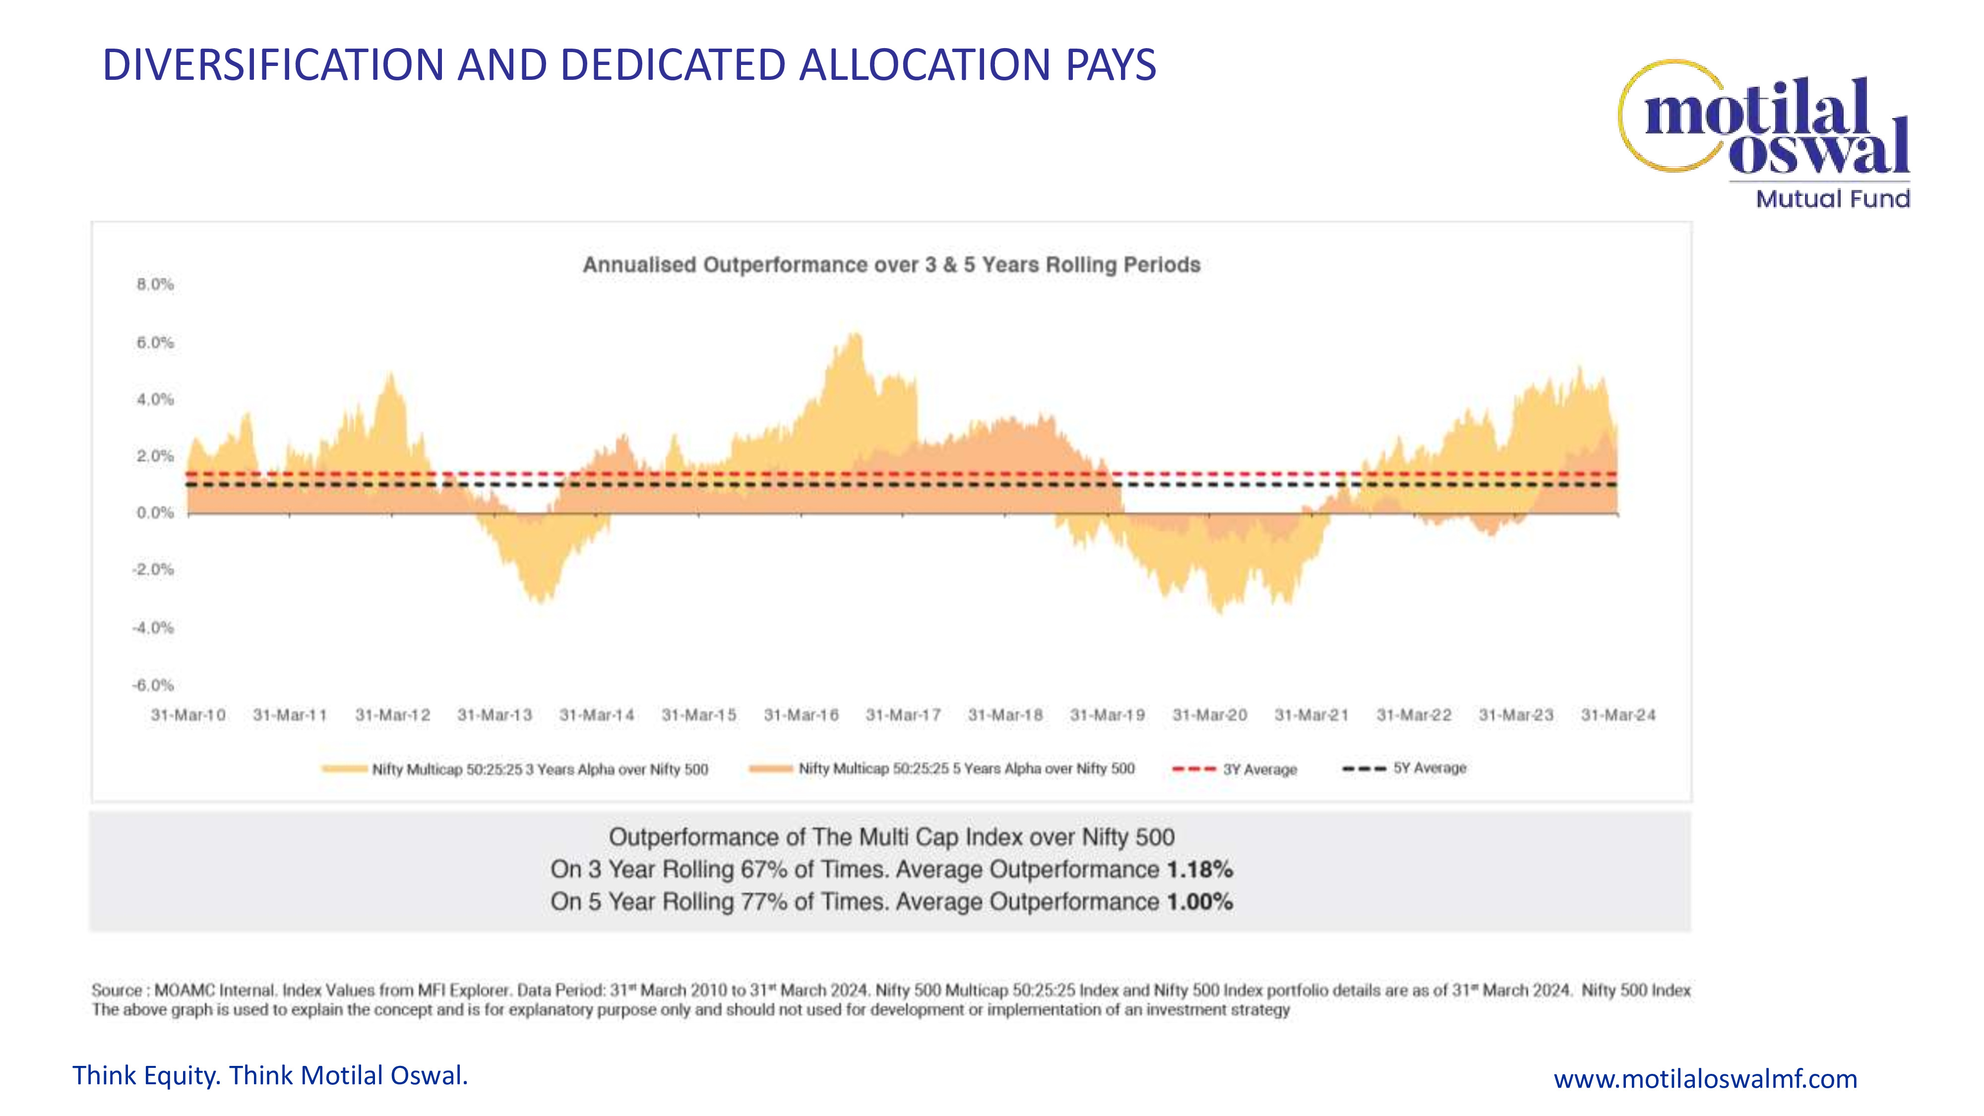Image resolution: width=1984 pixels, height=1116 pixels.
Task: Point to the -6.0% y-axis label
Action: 153,684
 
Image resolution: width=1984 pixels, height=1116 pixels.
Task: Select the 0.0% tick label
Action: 155,512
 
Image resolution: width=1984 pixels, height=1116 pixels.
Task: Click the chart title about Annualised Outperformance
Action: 891,264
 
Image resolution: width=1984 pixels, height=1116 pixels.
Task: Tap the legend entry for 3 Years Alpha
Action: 515,769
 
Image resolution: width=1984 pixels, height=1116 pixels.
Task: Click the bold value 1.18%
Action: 1199,869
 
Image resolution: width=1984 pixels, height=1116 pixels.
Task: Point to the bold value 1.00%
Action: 1199,901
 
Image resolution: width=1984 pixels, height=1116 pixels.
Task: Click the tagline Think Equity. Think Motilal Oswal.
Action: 269,1075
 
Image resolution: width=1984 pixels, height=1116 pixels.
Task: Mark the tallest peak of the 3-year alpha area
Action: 855,334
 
